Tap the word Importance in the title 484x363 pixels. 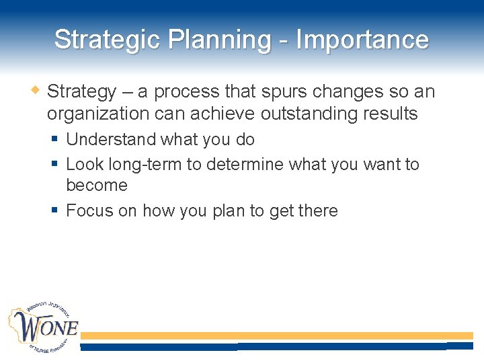tap(362, 40)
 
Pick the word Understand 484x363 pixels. tap(112, 140)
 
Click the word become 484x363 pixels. tap(97, 186)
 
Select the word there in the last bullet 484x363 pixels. tap(318, 211)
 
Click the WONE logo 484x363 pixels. tap(43, 329)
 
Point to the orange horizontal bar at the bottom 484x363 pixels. tap(276, 335)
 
